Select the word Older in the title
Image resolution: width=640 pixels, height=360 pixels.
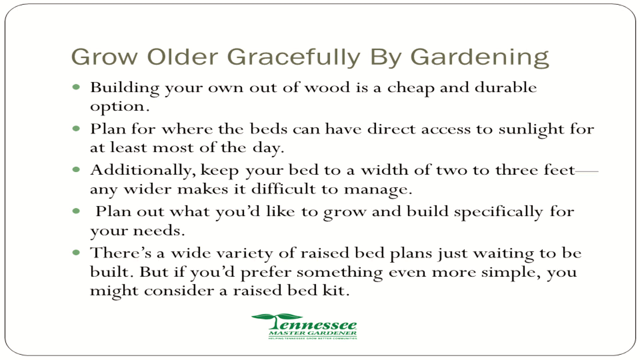182,57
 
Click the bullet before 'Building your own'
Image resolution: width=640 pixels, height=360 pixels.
76,87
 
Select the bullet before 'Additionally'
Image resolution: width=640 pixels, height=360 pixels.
76,170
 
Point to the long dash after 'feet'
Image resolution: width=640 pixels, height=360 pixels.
587,171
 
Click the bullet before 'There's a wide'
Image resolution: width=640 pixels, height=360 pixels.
76,252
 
